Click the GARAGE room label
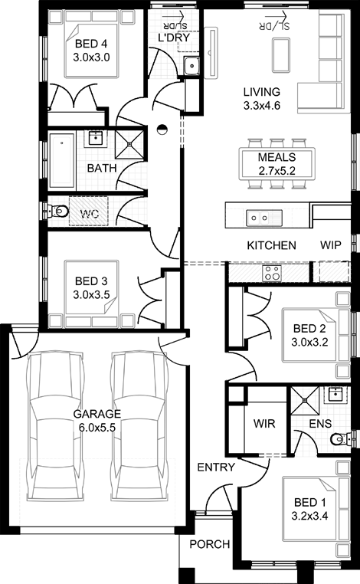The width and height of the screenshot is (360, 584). pyautogui.click(x=97, y=414)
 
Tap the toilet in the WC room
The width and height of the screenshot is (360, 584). pyautogui.click(x=57, y=212)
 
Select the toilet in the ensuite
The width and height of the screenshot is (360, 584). pyautogui.click(x=340, y=439)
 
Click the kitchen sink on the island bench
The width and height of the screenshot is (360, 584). pyautogui.click(x=264, y=218)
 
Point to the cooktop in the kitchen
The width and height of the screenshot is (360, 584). pyautogui.click(x=272, y=273)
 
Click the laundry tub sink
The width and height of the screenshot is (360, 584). pyautogui.click(x=192, y=67)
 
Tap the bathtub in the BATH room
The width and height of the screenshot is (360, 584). pyautogui.click(x=62, y=161)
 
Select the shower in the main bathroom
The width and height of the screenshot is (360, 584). pyautogui.click(x=129, y=143)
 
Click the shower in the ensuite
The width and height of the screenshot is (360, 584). pyautogui.click(x=305, y=401)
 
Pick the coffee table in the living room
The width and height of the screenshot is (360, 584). pyautogui.click(x=280, y=55)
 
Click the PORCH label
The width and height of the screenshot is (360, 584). pyautogui.click(x=210, y=544)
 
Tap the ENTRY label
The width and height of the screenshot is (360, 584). pyautogui.click(x=216, y=467)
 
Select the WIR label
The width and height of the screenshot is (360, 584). pyautogui.click(x=264, y=424)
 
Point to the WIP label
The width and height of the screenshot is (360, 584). pyautogui.click(x=331, y=245)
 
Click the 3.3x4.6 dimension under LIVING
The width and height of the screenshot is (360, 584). pyautogui.click(x=262, y=106)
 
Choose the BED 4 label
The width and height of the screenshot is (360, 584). pyautogui.click(x=91, y=44)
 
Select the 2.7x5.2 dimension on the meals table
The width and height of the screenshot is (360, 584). pyautogui.click(x=277, y=171)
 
